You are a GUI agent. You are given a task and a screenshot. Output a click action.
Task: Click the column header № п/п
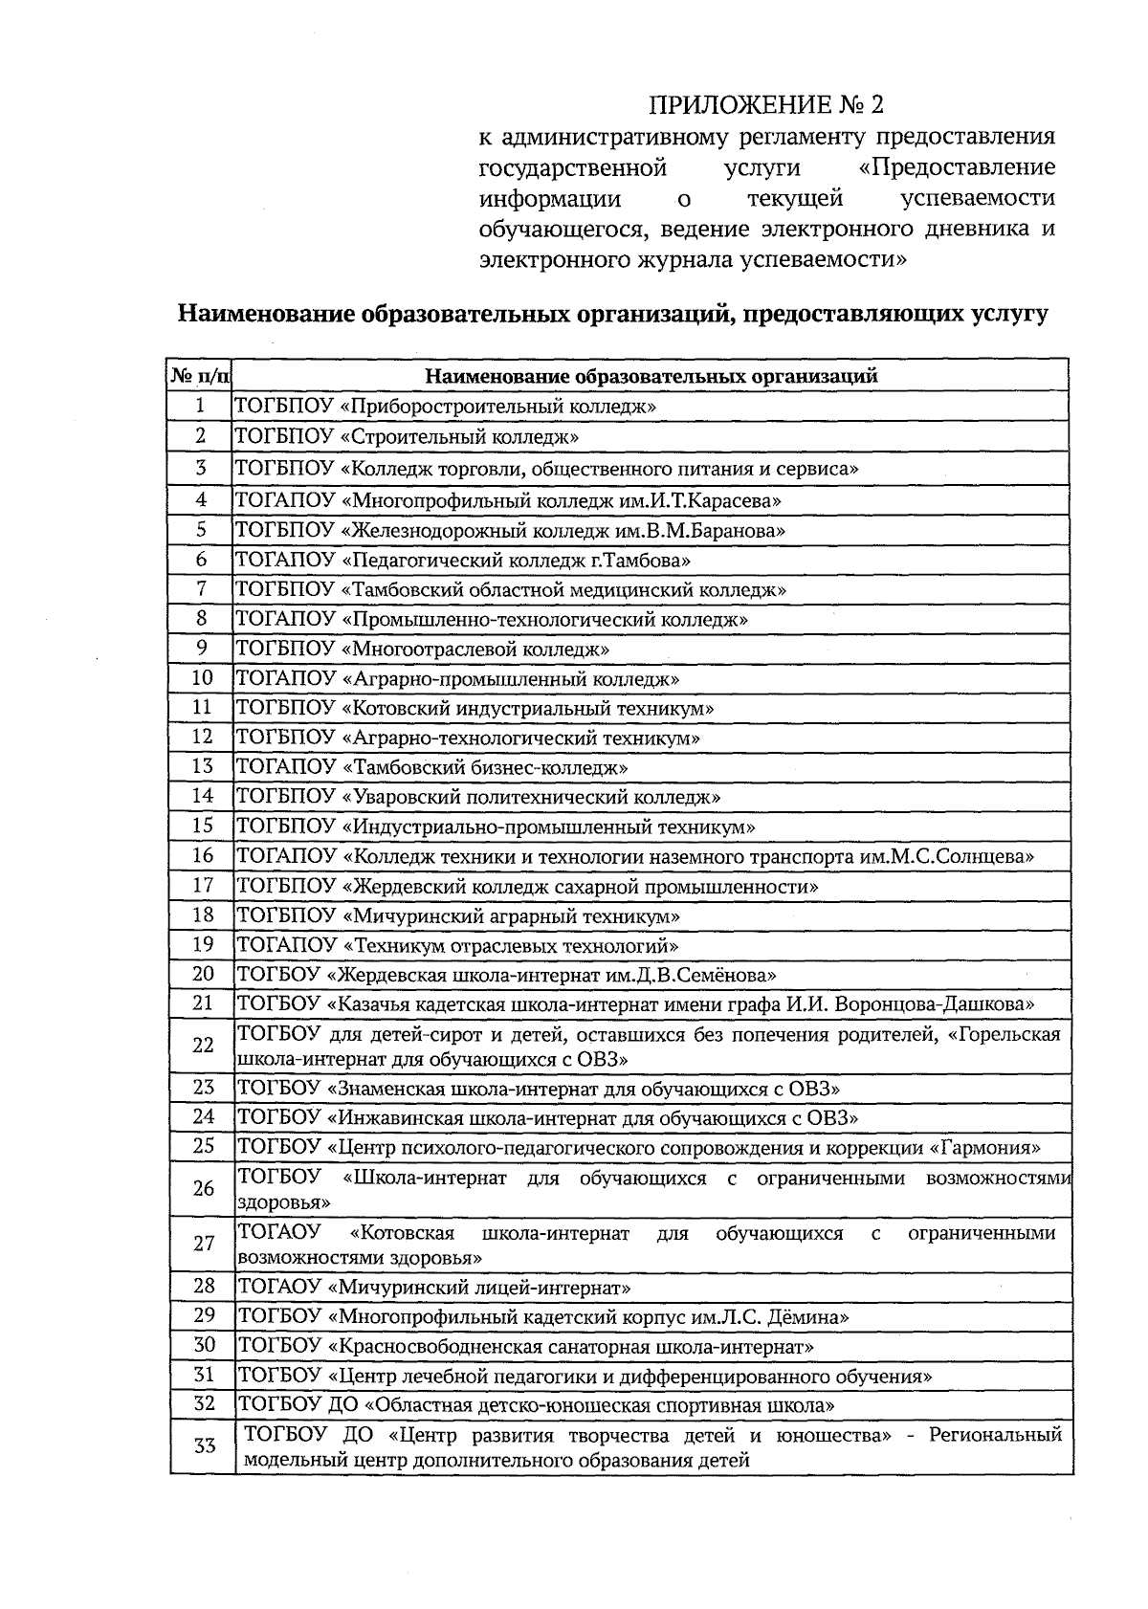(201, 375)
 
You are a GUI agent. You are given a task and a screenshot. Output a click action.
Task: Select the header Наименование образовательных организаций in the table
(651, 375)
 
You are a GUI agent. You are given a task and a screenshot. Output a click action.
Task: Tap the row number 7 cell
(201, 588)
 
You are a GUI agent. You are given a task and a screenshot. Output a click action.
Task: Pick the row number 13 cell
(201, 766)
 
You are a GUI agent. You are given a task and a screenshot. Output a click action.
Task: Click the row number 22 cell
(202, 1045)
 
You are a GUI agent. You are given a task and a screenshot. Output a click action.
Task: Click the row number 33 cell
(203, 1445)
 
